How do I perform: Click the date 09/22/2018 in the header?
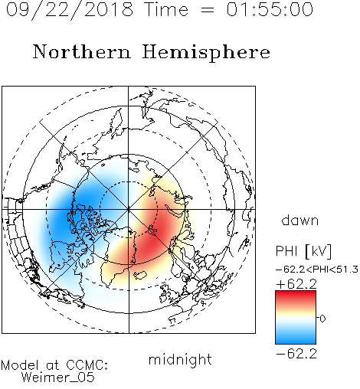[70, 10]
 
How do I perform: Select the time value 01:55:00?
[270, 9]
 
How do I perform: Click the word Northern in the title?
[82, 51]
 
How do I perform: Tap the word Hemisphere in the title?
[206, 52]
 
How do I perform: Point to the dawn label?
[300, 220]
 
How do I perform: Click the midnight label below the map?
[180, 360]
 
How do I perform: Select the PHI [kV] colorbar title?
[303, 251]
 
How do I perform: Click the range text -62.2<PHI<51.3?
[317, 270]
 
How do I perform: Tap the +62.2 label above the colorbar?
[296, 284]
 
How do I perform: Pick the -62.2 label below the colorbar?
[296, 354]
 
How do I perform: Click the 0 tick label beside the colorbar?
[322, 319]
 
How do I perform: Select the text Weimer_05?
[58, 378]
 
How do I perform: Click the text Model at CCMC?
[54, 365]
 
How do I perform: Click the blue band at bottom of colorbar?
[296, 339]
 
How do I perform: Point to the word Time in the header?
[166, 9]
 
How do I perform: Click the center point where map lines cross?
[129, 209]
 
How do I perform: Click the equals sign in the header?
[208, 10]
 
